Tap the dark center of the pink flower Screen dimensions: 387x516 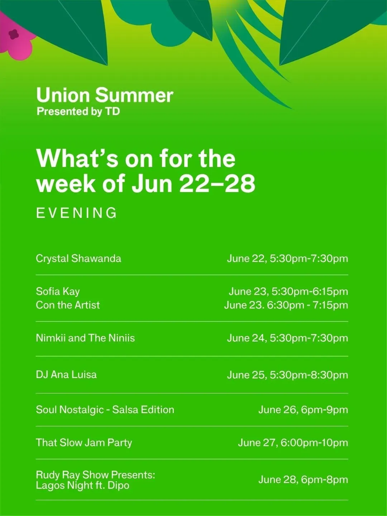pyautogui.click(x=13, y=35)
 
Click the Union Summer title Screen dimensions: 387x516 pyautogui.click(x=105, y=95)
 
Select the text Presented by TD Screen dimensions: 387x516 pyautogui.click(x=78, y=111)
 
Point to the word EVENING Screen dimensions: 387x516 pyautogui.click(x=76, y=213)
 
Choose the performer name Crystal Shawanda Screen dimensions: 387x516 pyautogui.click(x=78, y=259)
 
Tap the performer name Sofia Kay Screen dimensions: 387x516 pyautogui.click(x=58, y=291)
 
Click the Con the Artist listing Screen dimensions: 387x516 pyautogui.click(x=68, y=305)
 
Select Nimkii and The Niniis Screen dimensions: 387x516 pyautogui.click(x=85, y=338)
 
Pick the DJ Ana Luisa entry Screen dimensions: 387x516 pyautogui.click(x=66, y=374)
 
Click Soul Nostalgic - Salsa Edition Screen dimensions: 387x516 pyautogui.click(x=105, y=410)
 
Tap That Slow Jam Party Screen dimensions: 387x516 pyautogui.click(x=84, y=443)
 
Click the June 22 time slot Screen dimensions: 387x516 pyautogui.click(x=287, y=259)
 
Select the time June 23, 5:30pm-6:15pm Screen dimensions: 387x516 pyautogui.click(x=288, y=291)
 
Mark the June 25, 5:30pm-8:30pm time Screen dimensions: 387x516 pyautogui.click(x=287, y=375)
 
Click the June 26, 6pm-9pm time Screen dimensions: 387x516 pyautogui.click(x=303, y=410)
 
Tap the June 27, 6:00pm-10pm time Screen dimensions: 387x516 pyautogui.click(x=293, y=443)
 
